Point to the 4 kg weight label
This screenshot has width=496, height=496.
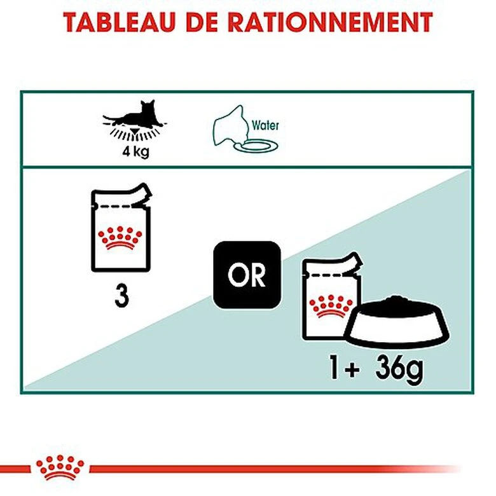[135, 153]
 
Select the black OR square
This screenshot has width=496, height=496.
[246, 275]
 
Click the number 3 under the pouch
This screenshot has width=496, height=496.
[121, 296]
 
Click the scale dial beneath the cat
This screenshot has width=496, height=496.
[135, 132]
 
